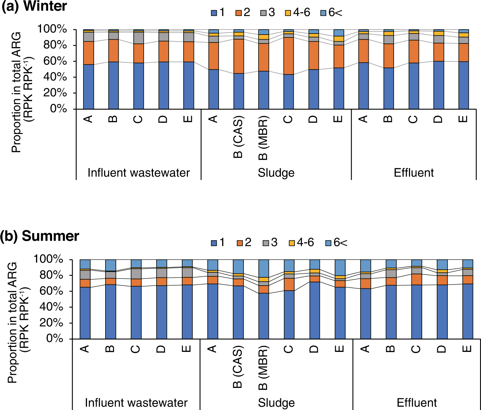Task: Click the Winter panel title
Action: (34, 6)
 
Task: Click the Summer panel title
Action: (40, 236)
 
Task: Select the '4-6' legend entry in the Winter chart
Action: (298, 13)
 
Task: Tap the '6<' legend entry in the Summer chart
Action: (336, 243)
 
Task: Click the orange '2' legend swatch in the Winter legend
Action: (239, 13)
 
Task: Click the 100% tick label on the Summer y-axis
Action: (48, 259)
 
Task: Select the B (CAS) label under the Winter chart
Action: (238, 137)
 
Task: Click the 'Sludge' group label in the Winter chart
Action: (276, 173)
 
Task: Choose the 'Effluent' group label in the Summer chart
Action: (416, 403)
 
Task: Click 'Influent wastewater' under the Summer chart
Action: (136, 403)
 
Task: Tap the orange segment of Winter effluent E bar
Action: (464, 52)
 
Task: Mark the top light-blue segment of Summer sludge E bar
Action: (340, 267)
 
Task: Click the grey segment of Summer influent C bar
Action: (136, 273)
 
